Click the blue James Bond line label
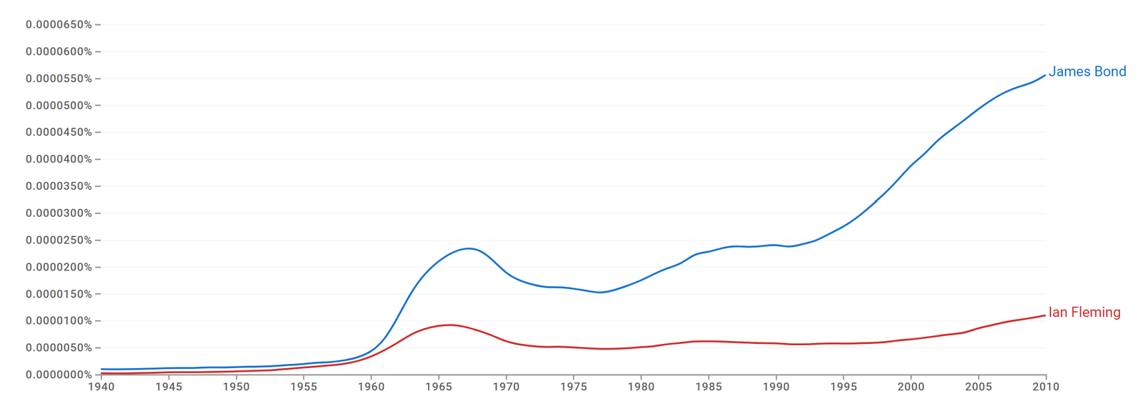tap(1087, 71)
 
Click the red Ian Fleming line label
tap(1084, 313)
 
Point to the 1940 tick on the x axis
tap(101, 387)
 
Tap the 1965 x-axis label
tap(439, 387)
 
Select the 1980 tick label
tap(641, 387)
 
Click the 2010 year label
tap(1046, 387)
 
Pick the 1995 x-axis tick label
tap(844, 387)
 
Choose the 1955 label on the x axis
tap(304, 387)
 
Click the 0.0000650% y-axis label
tap(59, 25)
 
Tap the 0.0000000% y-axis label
tap(59, 375)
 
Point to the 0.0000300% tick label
tap(59, 213)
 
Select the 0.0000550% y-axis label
tap(59, 78)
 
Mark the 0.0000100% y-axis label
tap(59, 321)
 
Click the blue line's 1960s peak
tap(469, 248)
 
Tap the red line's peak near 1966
tap(449, 325)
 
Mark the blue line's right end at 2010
tap(1045, 75)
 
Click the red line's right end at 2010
tap(1045, 315)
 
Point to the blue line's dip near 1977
tap(600, 292)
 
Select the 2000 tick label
tap(911, 387)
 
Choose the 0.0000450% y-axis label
tap(59, 133)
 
